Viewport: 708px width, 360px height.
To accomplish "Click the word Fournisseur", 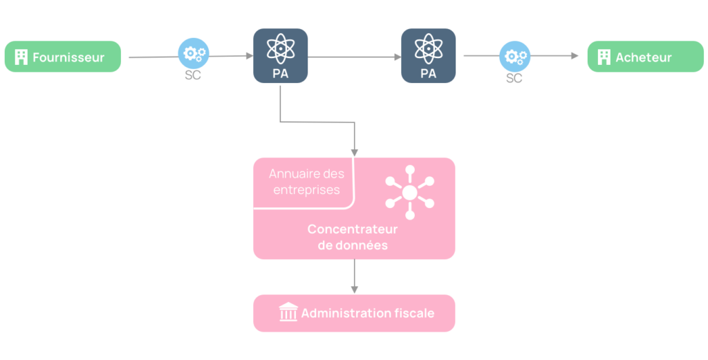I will [68, 57].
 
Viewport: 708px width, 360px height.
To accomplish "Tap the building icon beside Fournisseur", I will [21, 57].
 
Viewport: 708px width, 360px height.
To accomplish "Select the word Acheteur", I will [644, 57].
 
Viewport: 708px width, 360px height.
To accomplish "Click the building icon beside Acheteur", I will [604, 57].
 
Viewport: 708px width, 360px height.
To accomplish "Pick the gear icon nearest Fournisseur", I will [193, 53].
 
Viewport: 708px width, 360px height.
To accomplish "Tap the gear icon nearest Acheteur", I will [514, 56].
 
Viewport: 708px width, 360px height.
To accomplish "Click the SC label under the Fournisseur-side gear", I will [193, 75].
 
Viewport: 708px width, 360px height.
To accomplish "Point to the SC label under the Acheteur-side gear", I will [514, 79].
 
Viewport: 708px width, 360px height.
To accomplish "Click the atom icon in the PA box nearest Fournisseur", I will [280, 48].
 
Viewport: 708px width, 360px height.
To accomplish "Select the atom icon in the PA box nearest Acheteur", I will [428, 48].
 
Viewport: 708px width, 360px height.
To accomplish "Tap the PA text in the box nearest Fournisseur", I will [280, 73].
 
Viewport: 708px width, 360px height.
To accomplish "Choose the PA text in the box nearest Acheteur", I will [428, 73].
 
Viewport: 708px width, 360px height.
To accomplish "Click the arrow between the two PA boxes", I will [354, 57].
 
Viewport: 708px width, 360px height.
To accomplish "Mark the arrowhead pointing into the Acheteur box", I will [575, 56].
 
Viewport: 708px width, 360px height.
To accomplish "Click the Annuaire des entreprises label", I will [306, 182].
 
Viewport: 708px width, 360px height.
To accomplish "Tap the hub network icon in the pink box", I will [409, 192].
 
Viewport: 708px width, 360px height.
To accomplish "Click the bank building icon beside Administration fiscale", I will [288, 313].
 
